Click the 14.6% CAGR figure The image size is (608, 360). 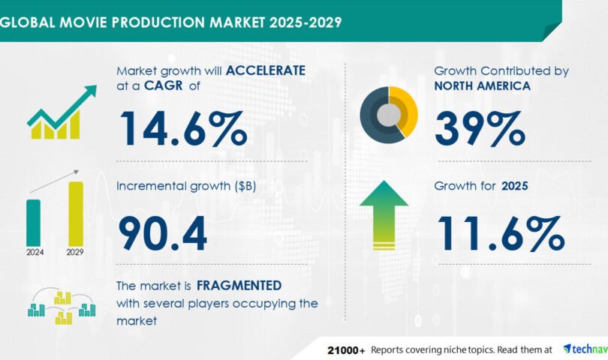[183, 129]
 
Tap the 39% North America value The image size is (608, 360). [480, 128]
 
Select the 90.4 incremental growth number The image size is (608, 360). [162, 234]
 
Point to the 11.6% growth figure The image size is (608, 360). [501, 234]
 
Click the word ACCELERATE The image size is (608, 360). [266, 70]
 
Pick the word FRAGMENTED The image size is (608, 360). [239, 286]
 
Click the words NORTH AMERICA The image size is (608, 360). [483, 85]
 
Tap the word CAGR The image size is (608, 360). [163, 85]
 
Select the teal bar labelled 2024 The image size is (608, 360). [33, 223]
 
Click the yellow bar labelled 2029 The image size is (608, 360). [76, 214]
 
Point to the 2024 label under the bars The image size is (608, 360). [35, 252]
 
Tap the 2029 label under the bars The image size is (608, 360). [75, 252]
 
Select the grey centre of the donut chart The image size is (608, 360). [389, 115]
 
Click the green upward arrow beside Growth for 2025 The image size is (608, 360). [384, 215]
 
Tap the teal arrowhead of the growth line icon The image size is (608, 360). [92, 90]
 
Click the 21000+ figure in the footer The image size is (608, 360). [346, 351]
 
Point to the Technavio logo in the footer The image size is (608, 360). [585, 349]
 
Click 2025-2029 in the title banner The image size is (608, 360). [306, 22]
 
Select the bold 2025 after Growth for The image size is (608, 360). [515, 186]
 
